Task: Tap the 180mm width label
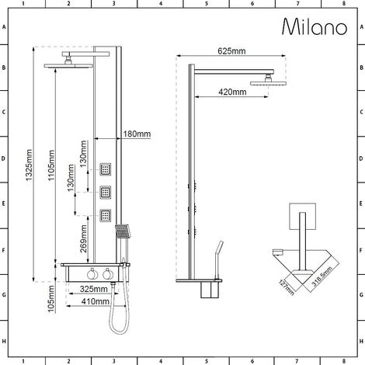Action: tap(137, 134)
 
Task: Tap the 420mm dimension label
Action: tap(231, 92)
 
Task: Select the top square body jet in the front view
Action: tap(106, 169)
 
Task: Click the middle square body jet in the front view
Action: tap(106, 191)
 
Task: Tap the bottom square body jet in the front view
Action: tap(106, 214)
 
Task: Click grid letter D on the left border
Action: tap(5, 158)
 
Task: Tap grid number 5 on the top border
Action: tap(206, 5)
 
